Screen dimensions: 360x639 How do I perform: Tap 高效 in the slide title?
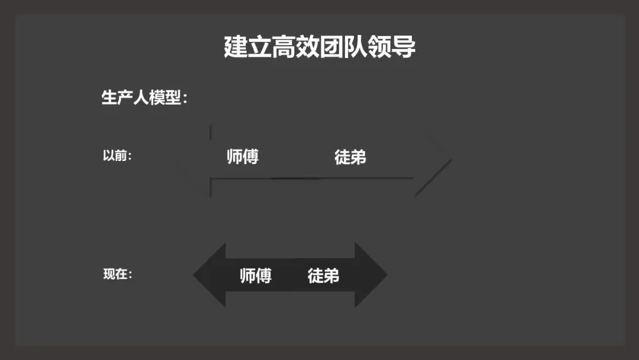pyautogui.click(x=295, y=47)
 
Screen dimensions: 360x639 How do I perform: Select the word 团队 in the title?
pyautogui.click(x=344, y=47)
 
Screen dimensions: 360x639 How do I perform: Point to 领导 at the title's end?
pyautogui.click(x=392, y=47)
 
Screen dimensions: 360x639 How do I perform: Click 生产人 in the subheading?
pyautogui.click(x=125, y=98)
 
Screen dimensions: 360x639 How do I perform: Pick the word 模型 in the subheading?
pyautogui.click(x=164, y=98)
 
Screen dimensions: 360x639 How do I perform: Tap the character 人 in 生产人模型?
pyautogui.click(x=141, y=98)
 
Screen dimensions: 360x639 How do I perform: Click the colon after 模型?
pyautogui.click(x=185, y=99)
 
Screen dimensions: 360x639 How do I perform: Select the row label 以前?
pyautogui.click(x=114, y=156)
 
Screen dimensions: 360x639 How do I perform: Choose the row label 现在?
pyautogui.click(x=114, y=275)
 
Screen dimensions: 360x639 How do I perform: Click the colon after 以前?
pyautogui.click(x=130, y=157)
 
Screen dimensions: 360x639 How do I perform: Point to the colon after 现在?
pyautogui.click(x=130, y=276)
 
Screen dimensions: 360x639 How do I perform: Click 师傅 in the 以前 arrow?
pyautogui.click(x=243, y=157)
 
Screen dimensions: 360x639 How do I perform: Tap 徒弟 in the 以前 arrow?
pyautogui.click(x=350, y=157)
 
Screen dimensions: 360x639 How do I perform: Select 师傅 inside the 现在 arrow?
pyautogui.click(x=256, y=275)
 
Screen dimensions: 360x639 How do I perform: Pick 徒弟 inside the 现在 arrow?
pyautogui.click(x=323, y=275)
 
